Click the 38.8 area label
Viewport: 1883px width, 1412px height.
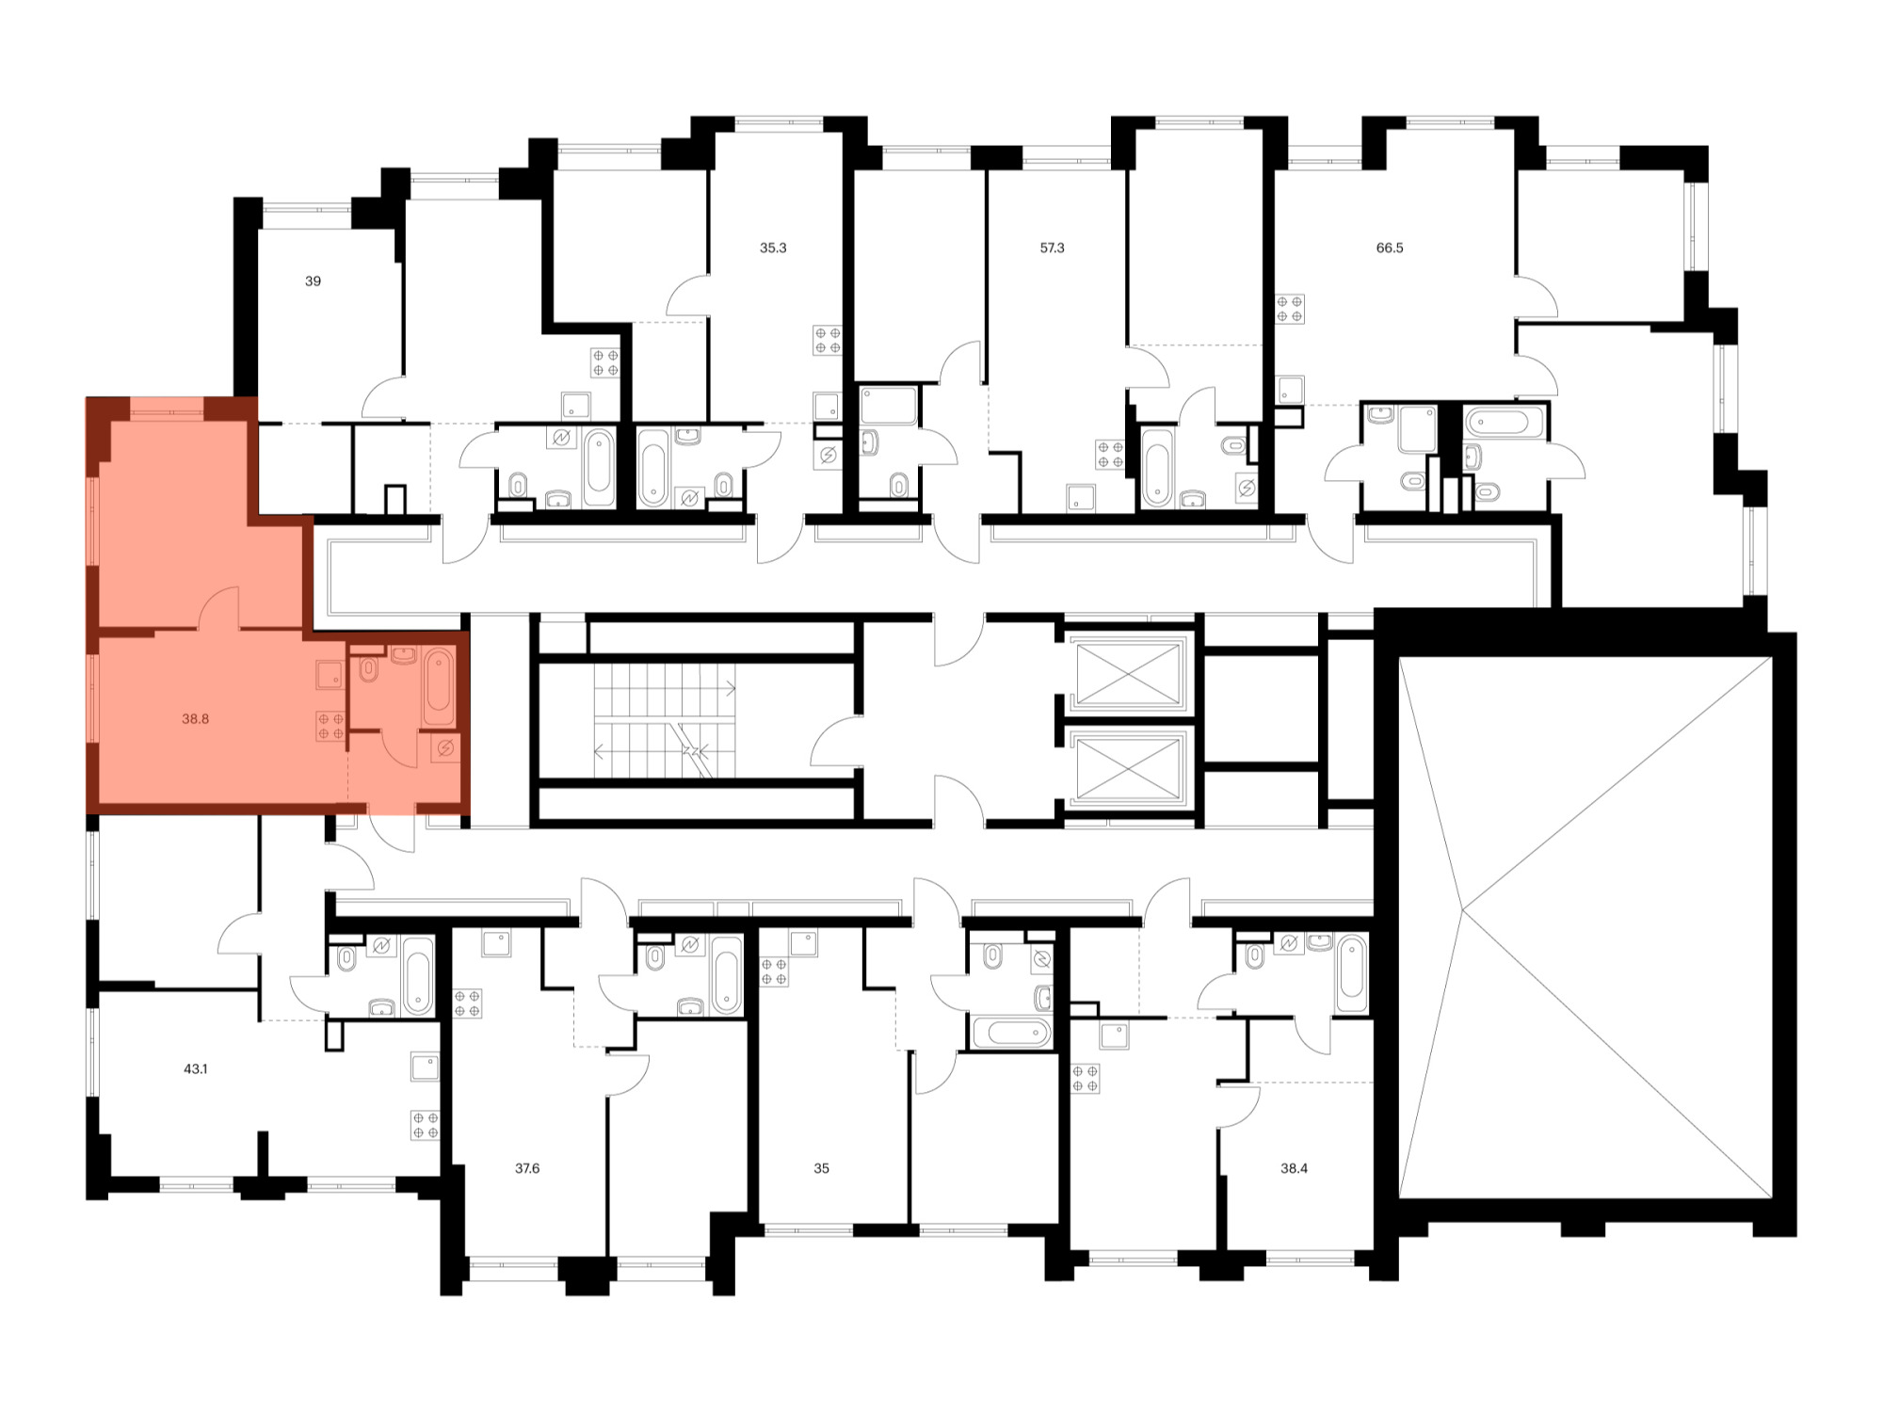(196, 719)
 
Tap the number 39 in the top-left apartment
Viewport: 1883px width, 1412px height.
(313, 281)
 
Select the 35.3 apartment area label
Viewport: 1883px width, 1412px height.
(773, 249)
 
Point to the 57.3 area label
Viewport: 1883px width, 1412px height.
(1052, 249)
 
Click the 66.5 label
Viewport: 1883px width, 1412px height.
(1390, 249)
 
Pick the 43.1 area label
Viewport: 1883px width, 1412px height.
(196, 1069)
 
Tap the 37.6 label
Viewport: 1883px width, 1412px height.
(527, 1169)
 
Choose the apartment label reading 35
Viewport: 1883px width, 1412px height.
(822, 1169)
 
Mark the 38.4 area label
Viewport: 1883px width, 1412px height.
(1294, 1169)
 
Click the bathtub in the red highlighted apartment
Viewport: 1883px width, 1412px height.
(439, 686)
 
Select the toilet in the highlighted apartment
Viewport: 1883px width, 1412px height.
(368, 667)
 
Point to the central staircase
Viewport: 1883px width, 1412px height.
(665, 720)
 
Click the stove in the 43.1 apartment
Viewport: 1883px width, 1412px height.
(426, 1126)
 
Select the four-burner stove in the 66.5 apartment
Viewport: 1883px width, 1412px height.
(1290, 309)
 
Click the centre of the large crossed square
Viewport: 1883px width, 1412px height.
(1585, 927)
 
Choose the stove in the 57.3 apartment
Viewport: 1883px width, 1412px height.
(1110, 455)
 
